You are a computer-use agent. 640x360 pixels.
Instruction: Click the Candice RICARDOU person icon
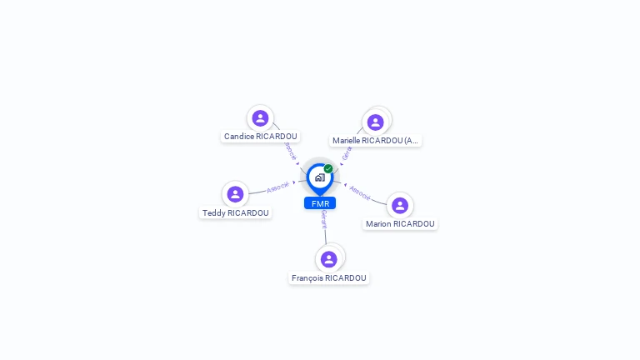260,118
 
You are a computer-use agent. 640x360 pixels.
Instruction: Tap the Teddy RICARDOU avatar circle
235,194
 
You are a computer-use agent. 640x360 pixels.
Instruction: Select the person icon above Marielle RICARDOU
375,122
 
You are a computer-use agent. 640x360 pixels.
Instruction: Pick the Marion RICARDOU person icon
400,206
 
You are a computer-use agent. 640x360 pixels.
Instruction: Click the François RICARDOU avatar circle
329,259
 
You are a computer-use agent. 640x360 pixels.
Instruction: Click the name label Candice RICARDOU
260,137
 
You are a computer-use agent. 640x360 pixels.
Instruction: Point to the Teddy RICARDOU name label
236,213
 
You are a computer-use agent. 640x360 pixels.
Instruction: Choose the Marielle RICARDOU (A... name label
375,141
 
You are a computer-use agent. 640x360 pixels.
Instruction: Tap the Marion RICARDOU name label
400,224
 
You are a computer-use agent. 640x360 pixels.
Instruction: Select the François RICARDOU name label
329,278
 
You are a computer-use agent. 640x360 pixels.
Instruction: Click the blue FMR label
320,203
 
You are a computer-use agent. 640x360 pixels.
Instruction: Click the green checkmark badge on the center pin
328,168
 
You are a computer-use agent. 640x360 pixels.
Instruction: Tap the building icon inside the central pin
319,177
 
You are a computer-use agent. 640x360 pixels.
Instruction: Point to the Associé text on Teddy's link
278,187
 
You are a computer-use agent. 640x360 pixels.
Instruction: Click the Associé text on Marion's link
360,192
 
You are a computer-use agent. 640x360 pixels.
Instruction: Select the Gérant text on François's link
324,220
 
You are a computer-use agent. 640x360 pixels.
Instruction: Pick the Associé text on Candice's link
290,151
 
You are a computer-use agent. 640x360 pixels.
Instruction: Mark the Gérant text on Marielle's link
347,152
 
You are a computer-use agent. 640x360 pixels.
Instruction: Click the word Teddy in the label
214,213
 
